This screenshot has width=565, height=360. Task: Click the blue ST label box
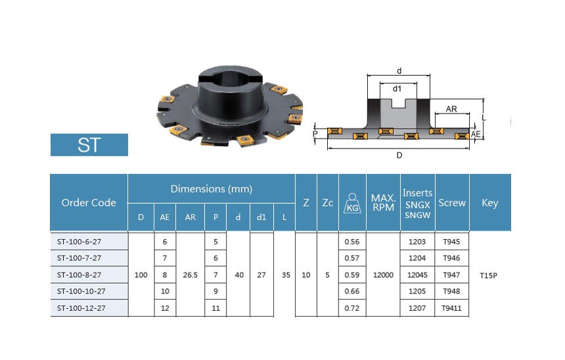(x=89, y=145)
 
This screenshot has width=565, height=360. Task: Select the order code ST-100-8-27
(x=79, y=275)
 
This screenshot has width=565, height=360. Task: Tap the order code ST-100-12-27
(x=81, y=308)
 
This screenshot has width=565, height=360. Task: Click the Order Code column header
(x=89, y=202)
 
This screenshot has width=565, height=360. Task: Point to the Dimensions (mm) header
(x=212, y=189)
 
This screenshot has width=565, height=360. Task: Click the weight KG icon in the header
(x=352, y=203)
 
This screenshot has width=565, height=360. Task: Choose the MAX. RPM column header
(x=384, y=202)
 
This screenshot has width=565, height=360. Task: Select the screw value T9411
(x=451, y=308)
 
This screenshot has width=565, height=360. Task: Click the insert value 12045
(x=417, y=275)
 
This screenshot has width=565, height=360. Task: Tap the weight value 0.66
(x=352, y=291)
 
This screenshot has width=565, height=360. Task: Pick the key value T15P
(x=489, y=275)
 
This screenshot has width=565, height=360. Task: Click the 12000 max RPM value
(x=383, y=275)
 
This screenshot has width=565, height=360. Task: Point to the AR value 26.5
(x=191, y=275)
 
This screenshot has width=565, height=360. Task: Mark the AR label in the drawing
(x=451, y=109)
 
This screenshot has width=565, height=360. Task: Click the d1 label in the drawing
(x=397, y=89)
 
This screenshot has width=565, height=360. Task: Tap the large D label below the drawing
(x=399, y=155)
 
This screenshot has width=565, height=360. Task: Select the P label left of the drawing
(x=315, y=134)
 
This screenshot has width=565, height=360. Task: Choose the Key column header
(x=490, y=202)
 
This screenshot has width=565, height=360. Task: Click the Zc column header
(x=328, y=203)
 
